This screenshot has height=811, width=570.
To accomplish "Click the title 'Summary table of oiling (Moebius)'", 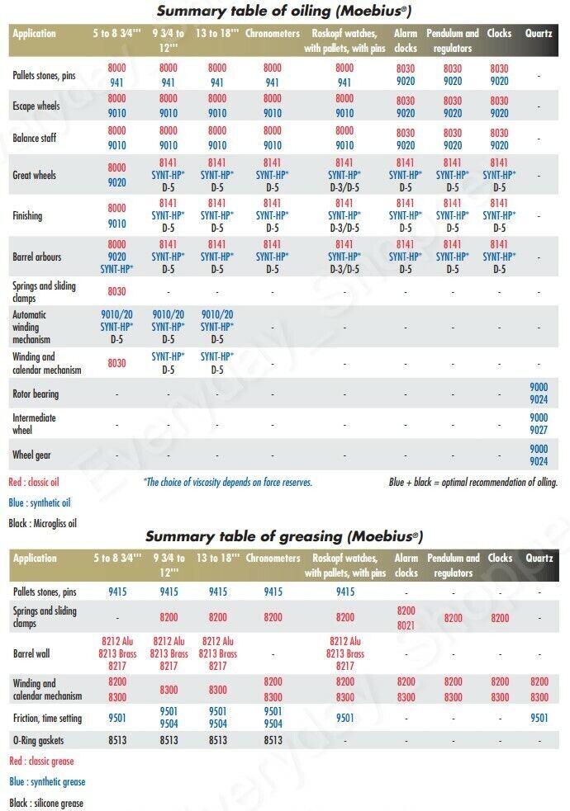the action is point(284,11).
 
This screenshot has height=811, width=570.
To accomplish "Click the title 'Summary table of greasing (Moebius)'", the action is point(284,535).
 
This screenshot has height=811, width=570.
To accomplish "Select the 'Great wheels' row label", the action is point(34,175).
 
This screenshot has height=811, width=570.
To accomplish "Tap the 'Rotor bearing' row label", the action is point(36,394).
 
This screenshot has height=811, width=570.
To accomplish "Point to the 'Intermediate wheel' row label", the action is point(34,423).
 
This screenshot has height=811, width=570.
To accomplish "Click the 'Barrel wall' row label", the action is point(31,653).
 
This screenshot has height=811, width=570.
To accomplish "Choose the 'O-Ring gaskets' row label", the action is point(38,740).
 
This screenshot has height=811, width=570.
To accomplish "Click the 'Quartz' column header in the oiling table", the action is point(539,34).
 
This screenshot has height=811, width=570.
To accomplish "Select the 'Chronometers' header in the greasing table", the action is point(273,558).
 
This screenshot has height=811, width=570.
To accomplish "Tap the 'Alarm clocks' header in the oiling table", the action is point(406,40).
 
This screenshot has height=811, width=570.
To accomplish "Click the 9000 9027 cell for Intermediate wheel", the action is point(539,423).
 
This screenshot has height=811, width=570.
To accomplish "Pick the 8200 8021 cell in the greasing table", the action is point(406,618).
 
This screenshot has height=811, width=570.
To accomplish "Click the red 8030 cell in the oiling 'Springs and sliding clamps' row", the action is point(117,291).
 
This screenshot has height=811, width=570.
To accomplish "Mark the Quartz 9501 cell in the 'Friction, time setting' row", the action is point(539,718).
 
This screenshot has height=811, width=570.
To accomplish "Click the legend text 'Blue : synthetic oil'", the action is point(40,502).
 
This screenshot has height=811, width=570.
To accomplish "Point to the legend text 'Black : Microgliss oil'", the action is point(42,523).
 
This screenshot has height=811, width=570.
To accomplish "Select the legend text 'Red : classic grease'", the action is point(41,761).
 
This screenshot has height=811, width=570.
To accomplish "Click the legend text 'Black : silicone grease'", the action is point(46,803).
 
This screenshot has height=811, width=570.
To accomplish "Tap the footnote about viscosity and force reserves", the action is point(228,482).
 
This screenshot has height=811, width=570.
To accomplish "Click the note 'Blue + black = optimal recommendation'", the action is point(473,482).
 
